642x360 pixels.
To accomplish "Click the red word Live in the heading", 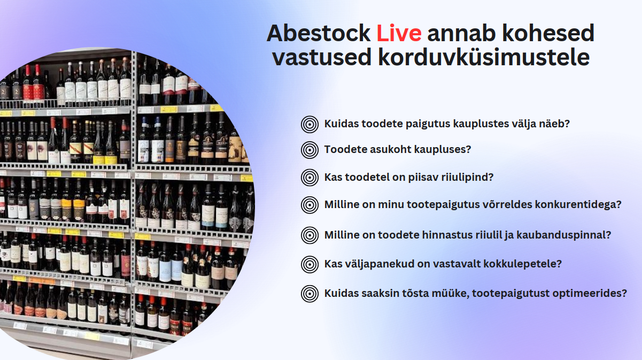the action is tap(399, 33).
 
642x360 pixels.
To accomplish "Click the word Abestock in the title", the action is tap(319, 33).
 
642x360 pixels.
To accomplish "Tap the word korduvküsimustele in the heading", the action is tap(484, 57).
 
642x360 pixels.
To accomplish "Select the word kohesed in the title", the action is tap(548, 33).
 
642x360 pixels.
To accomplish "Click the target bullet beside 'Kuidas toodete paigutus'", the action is tap(310, 124).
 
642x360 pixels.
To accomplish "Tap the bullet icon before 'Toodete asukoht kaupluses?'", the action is tap(310, 150).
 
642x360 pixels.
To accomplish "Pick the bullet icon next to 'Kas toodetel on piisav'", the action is tap(310, 177).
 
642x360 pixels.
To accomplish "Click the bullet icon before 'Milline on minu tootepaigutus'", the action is tap(310, 205).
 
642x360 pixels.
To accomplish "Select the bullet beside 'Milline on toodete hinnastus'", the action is tap(310, 235).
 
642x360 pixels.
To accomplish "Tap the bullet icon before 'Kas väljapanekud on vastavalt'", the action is tap(310, 264).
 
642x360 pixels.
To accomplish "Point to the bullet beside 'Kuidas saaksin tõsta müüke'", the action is tap(310, 294).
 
